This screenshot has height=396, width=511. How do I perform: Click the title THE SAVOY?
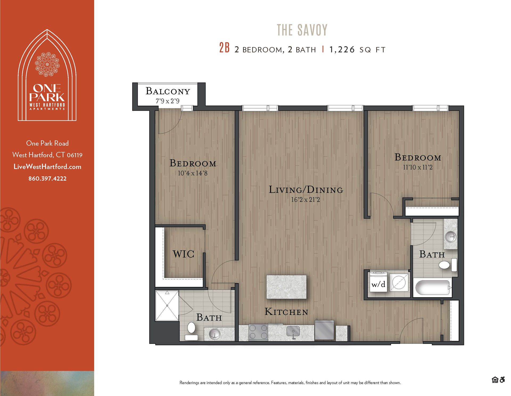tap(302, 30)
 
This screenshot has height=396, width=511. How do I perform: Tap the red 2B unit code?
tap(224, 48)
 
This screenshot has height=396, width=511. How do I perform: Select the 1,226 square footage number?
tap(342, 49)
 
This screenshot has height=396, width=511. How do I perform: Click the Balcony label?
tap(168, 91)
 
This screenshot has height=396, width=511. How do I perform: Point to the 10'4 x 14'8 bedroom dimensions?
tap(192, 173)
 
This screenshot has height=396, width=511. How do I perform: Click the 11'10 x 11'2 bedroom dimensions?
tap(418, 167)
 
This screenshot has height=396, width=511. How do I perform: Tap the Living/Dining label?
tap(306, 190)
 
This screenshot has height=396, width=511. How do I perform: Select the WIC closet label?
tap(183, 254)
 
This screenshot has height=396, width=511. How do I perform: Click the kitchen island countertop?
tap(286, 287)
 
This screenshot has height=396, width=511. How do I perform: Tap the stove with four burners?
tap(258, 332)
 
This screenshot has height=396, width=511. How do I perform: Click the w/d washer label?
tap(378, 284)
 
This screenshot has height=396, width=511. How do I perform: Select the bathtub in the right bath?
tap(432, 287)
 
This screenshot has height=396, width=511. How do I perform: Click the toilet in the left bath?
tap(191, 328)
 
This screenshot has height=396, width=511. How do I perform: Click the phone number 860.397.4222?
tap(47, 178)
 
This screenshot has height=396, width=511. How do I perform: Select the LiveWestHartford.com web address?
tap(47, 167)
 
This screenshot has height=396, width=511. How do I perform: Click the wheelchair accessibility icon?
tap(502, 380)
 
